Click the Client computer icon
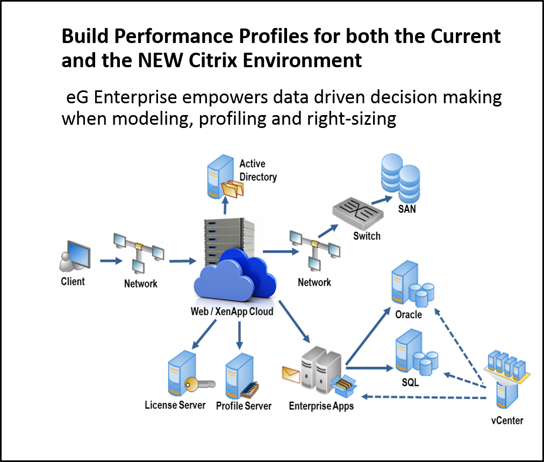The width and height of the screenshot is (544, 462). point(75,256)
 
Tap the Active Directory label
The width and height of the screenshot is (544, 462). point(258,170)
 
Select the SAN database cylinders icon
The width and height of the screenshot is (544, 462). point(400,177)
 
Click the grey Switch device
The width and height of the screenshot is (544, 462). point(358,211)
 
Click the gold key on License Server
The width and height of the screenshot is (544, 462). point(199,384)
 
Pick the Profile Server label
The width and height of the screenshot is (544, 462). point(244,406)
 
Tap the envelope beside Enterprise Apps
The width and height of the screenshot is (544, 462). point(291,374)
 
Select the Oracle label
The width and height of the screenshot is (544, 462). point(409,315)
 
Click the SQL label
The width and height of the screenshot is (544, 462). point(411,382)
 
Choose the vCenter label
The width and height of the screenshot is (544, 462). point(507,421)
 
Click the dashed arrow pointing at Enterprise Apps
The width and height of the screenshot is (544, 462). point(424,397)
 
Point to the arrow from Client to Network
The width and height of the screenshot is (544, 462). point(111,261)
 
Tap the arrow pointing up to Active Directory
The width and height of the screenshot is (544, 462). point(226,205)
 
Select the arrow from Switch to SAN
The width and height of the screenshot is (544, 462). point(382,200)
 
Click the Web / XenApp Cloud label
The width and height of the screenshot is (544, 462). point(232,311)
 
